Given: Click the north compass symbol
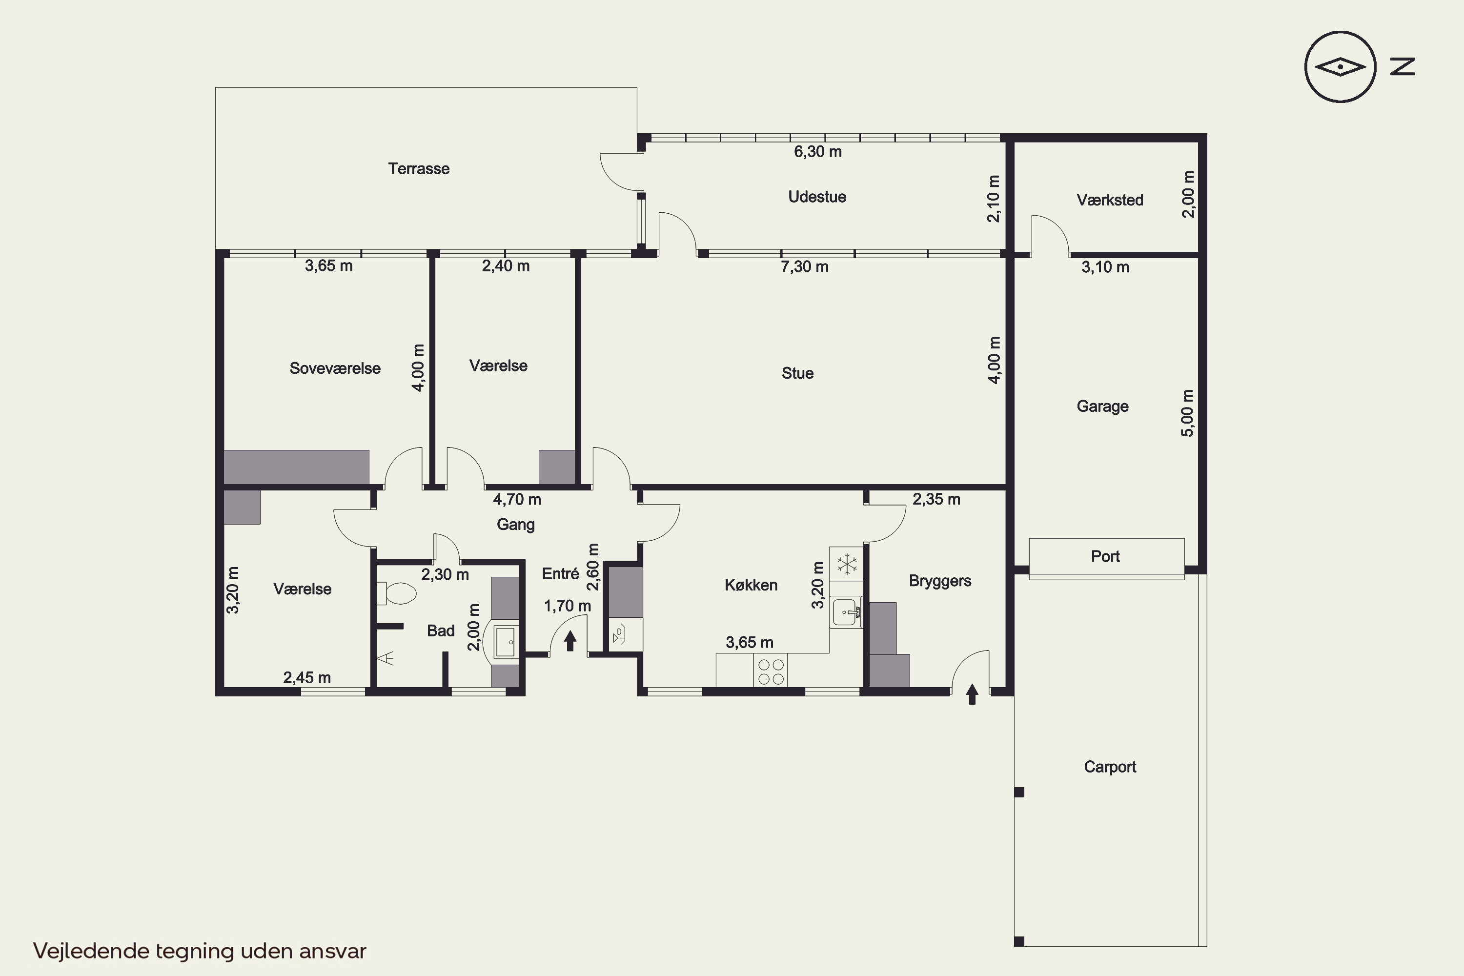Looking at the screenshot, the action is point(1340,66).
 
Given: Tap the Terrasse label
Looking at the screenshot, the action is point(419,169).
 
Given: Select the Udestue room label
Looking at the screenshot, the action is point(817,197).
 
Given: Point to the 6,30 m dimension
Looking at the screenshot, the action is point(818,152).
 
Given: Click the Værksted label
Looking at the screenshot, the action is point(1110,200).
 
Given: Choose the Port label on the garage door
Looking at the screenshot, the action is point(1105,556).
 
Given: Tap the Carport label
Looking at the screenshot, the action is point(1110,767).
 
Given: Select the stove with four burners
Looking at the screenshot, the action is point(771,671).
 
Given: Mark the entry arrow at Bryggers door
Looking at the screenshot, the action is point(972,694).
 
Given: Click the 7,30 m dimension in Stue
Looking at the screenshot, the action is point(805,267).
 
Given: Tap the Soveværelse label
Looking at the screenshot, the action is point(335,368).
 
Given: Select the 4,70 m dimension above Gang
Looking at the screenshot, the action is point(517,499).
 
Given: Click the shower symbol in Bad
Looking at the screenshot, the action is point(386,657).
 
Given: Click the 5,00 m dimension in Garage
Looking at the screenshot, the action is point(1188,413).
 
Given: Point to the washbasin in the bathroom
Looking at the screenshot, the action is point(505,642).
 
